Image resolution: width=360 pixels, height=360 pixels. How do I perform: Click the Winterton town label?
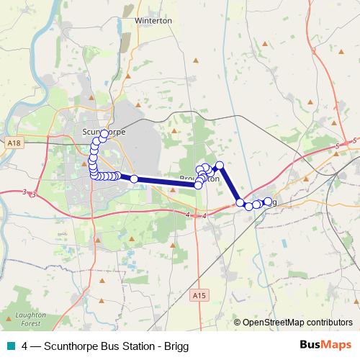point(153,21)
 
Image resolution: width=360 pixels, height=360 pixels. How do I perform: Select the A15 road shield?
point(200,295)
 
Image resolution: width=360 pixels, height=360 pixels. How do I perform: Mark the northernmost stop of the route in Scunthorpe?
point(104,134)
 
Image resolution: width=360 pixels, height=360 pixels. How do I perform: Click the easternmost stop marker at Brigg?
point(268,202)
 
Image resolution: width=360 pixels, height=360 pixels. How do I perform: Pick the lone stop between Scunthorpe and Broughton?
point(134,178)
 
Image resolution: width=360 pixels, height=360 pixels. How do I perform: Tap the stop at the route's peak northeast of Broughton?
point(220,166)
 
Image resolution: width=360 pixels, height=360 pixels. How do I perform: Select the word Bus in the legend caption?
point(104,346)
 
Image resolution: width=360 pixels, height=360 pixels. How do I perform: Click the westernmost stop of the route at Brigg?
point(240,204)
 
